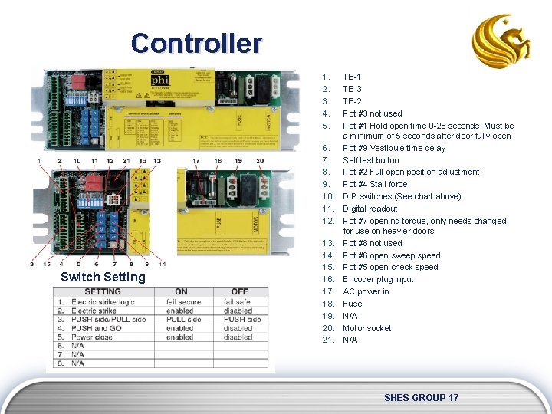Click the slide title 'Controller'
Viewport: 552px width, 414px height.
196,43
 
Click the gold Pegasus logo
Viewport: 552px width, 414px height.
501,41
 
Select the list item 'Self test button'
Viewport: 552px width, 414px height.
370,160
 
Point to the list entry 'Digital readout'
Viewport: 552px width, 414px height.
370,209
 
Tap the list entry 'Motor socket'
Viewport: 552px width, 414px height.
366,328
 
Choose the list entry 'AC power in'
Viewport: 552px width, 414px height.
366,291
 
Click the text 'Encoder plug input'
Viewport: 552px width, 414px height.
378,279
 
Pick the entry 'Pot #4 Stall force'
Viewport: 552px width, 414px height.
375,184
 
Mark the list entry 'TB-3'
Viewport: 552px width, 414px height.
352,89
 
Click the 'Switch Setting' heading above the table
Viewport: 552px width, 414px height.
103,277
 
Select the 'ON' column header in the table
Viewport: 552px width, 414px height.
181,291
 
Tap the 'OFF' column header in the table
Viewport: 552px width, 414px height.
239,291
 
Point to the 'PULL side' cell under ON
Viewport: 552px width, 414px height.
182,320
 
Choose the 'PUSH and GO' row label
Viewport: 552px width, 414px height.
96,328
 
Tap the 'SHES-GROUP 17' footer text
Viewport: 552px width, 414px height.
421,397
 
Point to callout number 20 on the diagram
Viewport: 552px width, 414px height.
259,160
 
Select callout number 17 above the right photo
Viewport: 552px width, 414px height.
197,160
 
